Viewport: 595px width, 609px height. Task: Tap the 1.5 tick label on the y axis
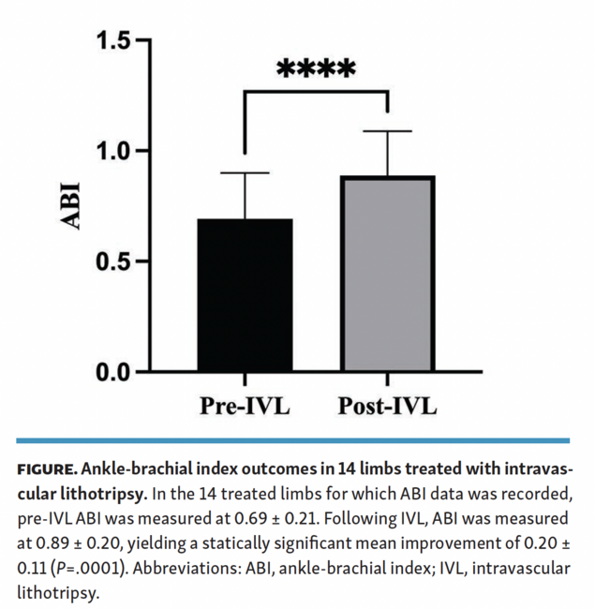point(116,40)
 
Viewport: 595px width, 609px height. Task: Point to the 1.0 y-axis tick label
point(116,151)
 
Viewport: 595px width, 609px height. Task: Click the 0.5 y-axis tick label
point(116,261)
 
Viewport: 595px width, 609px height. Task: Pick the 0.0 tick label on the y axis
point(116,372)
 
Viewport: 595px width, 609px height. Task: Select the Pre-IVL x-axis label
point(245,407)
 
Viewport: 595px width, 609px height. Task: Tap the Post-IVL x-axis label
point(387,407)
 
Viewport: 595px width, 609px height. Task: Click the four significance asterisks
point(316,69)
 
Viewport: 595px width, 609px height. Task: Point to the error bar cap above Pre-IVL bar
point(245,173)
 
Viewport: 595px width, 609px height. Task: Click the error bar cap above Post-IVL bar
point(387,131)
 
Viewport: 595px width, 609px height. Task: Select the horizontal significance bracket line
point(316,91)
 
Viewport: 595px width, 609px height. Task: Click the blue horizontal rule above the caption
point(297,439)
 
